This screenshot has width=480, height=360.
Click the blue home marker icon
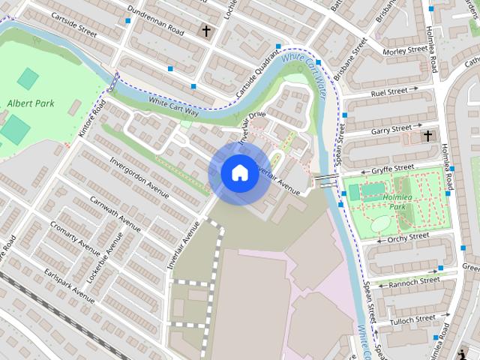[239, 173]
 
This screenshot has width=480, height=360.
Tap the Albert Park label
[27, 103]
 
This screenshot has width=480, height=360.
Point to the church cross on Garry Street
[427, 136]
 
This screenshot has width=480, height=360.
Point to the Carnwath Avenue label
[115, 214]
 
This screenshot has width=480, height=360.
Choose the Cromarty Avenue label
[75, 237]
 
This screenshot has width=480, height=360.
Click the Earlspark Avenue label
[69, 286]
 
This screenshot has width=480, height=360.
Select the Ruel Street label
[389, 92]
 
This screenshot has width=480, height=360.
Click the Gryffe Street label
[393, 167]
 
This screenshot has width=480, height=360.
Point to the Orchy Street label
[408, 237]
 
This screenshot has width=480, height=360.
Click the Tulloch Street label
[413, 319]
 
